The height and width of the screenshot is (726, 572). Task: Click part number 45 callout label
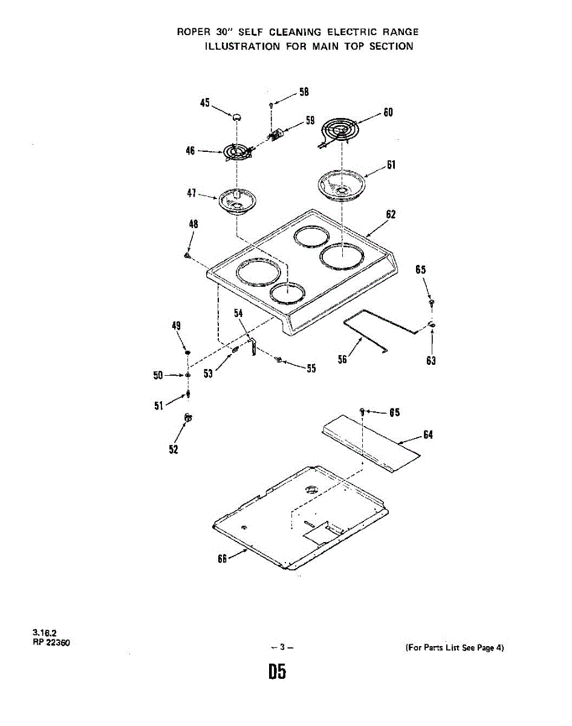pyautogui.click(x=204, y=103)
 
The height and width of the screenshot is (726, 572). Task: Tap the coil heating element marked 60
pyautogui.click(x=339, y=129)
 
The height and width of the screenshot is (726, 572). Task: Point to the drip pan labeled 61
pyautogui.click(x=342, y=184)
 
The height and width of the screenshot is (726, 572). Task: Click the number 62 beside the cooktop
pyautogui.click(x=391, y=214)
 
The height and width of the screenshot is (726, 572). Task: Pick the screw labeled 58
pyautogui.click(x=271, y=105)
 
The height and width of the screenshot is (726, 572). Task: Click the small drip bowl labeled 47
pyautogui.click(x=238, y=200)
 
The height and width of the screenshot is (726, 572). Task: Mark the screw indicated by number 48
pyautogui.click(x=188, y=255)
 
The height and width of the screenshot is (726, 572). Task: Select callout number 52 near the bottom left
pyautogui.click(x=174, y=448)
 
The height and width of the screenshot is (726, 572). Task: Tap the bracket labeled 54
pyautogui.click(x=253, y=347)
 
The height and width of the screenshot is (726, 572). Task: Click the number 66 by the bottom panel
pyautogui.click(x=222, y=558)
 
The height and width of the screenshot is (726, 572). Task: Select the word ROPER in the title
pyautogui.click(x=192, y=32)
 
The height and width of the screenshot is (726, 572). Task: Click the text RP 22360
pyautogui.click(x=51, y=643)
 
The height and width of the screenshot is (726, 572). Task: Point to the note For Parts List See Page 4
pyautogui.click(x=453, y=648)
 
